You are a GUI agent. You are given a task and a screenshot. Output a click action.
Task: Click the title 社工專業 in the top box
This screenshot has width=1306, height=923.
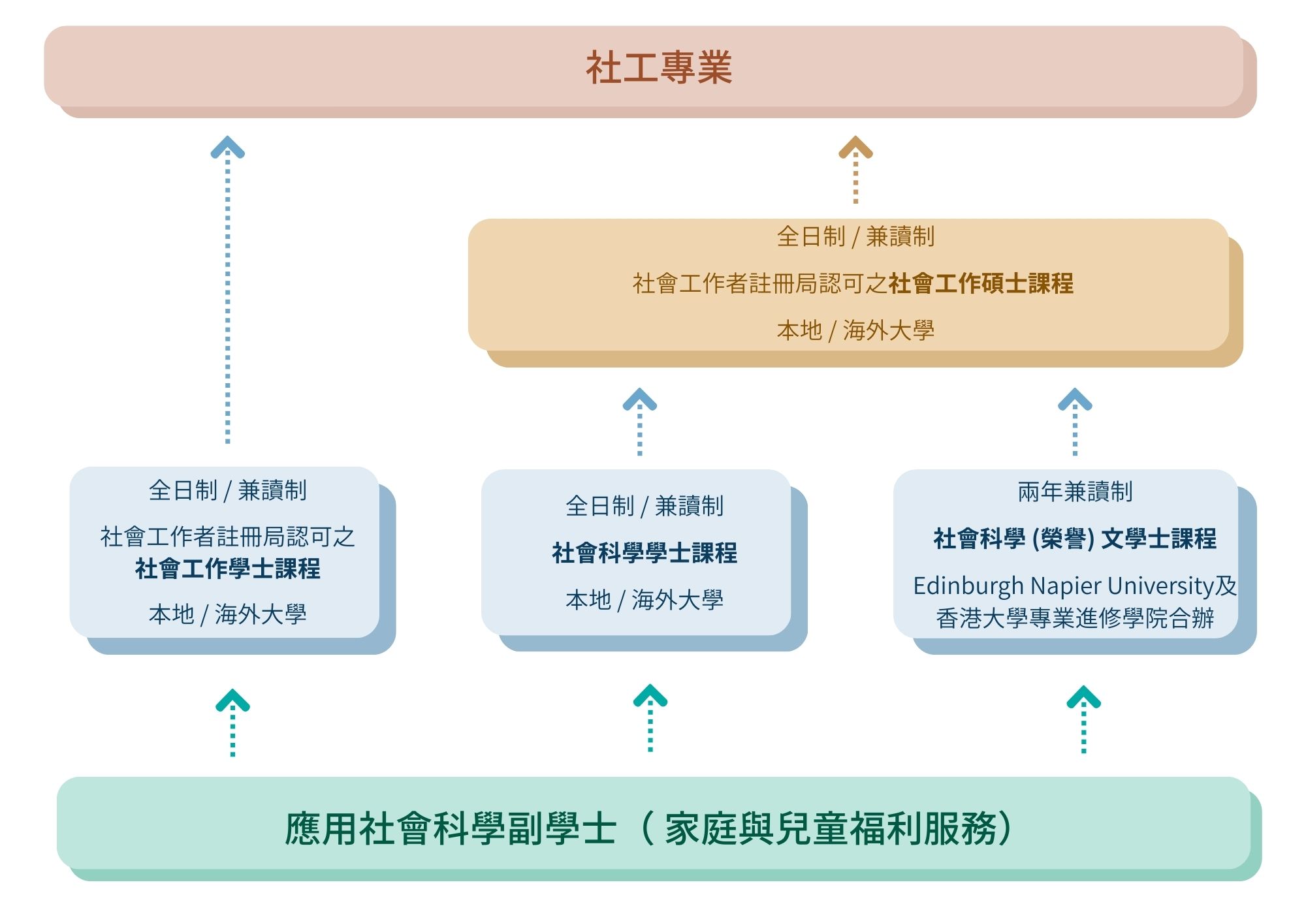coord(659,68)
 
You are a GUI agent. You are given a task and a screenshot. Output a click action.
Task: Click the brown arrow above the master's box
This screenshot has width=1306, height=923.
coord(855,170)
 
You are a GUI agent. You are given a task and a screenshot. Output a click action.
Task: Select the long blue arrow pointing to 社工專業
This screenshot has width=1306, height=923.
coord(227,287)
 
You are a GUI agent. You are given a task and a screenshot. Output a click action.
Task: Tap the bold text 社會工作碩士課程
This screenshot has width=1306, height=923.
coord(981,284)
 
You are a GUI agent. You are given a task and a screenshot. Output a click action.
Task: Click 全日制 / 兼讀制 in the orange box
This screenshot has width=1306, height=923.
coord(855,236)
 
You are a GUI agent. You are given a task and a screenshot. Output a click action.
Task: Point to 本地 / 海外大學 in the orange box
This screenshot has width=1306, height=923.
coord(855,330)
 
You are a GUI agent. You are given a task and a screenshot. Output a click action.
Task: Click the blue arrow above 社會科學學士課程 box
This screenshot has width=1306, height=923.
coord(640,421)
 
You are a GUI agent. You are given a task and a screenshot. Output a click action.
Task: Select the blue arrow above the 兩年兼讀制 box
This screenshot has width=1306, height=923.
coord(1075,421)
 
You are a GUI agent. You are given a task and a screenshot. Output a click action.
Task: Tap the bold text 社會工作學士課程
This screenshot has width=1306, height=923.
coord(227,569)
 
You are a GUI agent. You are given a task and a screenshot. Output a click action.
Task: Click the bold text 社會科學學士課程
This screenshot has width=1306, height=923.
coord(645,554)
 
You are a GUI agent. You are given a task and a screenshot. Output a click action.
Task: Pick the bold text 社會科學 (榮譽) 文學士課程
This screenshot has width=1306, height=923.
coord(1075,539)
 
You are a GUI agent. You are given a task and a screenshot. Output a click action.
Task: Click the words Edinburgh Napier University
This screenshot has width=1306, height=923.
coord(1063,586)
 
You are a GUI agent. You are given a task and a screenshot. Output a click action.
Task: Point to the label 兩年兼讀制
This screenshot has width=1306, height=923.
coord(1075,492)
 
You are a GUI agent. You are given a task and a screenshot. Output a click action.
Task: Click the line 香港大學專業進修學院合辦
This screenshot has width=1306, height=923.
coord(1075,618)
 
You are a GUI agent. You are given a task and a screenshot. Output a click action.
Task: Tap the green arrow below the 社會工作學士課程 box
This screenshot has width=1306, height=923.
coord(232,722)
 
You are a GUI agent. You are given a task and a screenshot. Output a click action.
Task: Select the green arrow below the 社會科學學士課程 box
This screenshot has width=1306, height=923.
coord(650,717)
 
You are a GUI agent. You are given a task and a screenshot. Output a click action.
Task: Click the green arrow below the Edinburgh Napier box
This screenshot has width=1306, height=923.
coord(1084,719)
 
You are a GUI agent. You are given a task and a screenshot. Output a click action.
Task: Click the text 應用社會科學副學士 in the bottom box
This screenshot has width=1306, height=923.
coord(451,829)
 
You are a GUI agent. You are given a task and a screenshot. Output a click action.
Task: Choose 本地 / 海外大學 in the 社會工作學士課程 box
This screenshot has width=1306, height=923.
coord(227,614)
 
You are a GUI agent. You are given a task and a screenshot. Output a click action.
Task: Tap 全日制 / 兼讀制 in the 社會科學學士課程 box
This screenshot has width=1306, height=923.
coord(645,506)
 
